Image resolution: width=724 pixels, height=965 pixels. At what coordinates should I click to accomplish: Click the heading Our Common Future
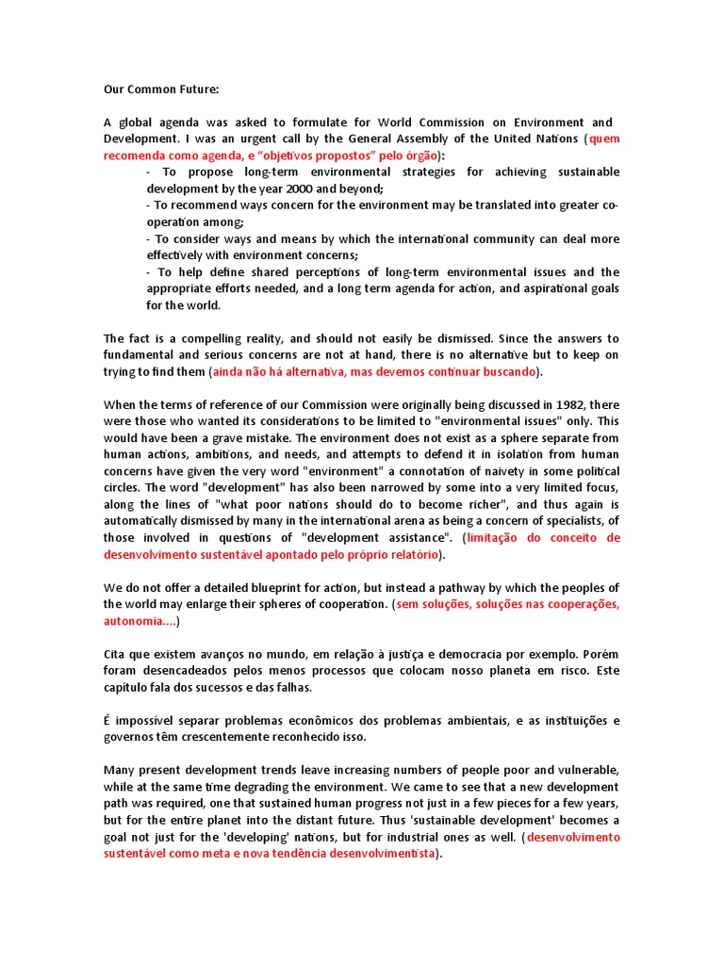[160, 90]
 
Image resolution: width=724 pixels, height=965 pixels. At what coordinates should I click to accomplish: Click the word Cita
[115, 653]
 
